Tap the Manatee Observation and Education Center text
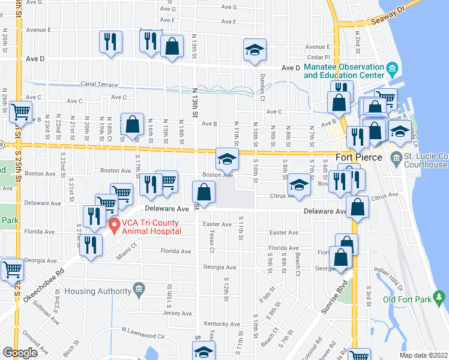tap(344, 71)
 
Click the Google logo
tap(20, 353)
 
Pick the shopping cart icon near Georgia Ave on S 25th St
tap(12, 269)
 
